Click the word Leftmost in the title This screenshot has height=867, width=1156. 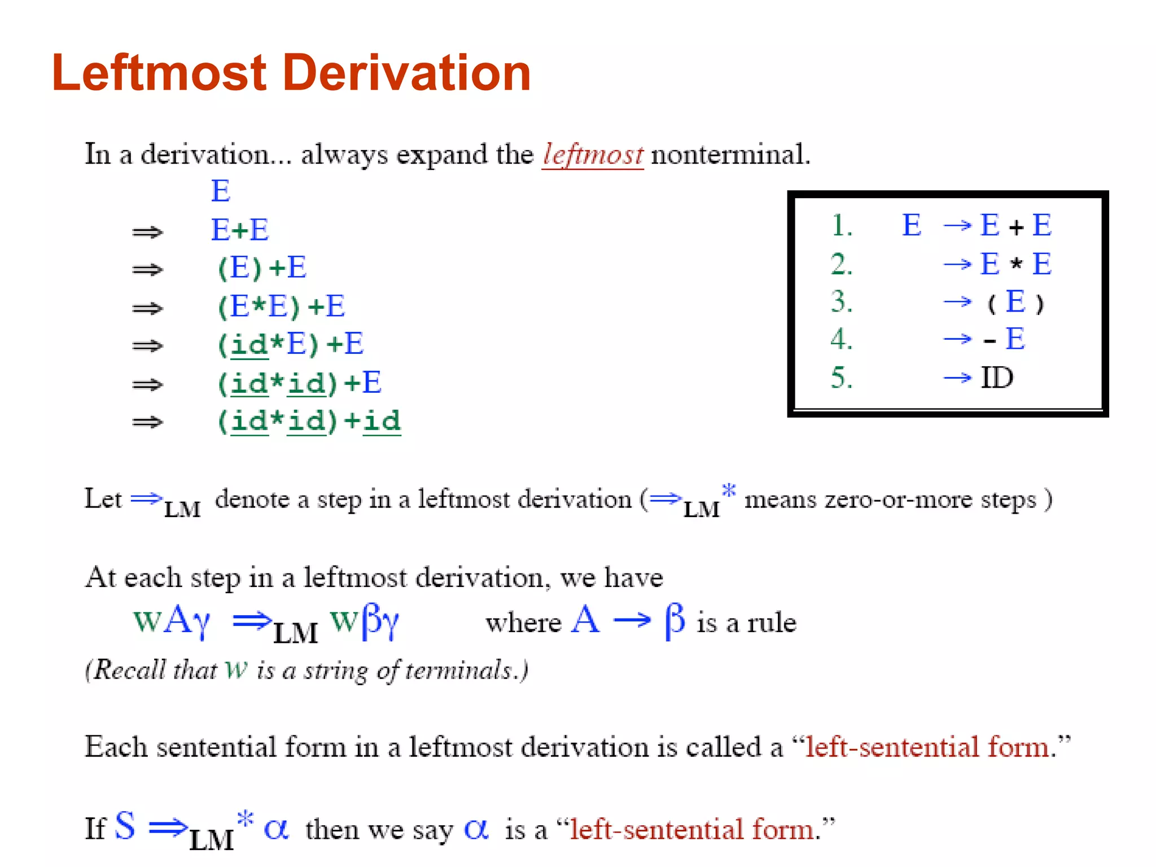159,73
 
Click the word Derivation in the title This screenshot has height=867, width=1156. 406,73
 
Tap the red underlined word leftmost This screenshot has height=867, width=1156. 593,155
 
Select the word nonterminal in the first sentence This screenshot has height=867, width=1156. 730,155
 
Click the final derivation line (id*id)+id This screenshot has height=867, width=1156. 309,421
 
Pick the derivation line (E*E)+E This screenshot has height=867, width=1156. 281,306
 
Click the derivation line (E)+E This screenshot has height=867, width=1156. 262,268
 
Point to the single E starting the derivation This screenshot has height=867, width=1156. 221,191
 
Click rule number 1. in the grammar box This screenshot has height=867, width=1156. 842,226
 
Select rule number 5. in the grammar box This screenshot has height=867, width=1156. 842,378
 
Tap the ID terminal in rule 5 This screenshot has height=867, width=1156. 997,378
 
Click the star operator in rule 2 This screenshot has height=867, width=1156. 1016,264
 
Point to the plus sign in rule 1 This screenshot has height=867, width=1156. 1016,227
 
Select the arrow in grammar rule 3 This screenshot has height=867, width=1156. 957,302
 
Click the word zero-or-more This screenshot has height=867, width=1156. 890,500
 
